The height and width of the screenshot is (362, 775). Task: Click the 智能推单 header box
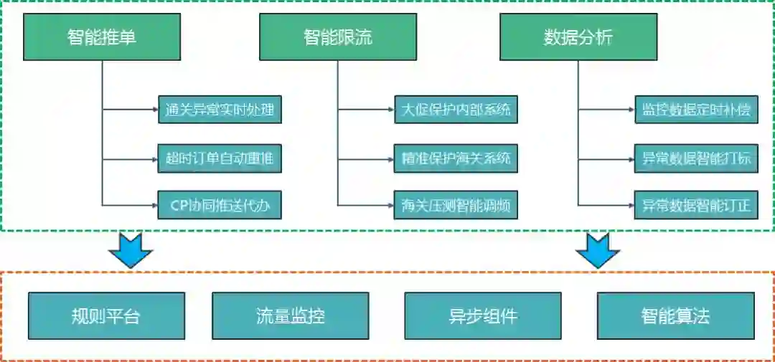click(x=102, y=38)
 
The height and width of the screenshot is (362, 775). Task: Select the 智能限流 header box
click(x=338, y=38)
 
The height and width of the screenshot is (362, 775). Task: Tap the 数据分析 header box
click(x=578, y=38)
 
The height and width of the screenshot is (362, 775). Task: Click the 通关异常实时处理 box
click(x=220, y=110)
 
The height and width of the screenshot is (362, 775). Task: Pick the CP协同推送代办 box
click(x=220, y=206)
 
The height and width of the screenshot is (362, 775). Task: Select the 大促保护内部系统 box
click(x=456, y=110)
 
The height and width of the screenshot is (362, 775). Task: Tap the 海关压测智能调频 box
click(x=456, y=206)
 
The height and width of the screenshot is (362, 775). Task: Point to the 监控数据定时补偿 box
click(x=695, y=110)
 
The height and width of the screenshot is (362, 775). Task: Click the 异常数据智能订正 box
click(x=695, y=206)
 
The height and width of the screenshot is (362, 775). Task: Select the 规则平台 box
click(x=106, y=316)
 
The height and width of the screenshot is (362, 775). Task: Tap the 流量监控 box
click(x=291, y=316)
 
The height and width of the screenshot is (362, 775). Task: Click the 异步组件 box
click(x=483, y=316)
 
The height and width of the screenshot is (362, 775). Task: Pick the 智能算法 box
click(x=675, y=316)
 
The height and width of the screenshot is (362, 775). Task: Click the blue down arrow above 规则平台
click(x=131, y=251)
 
